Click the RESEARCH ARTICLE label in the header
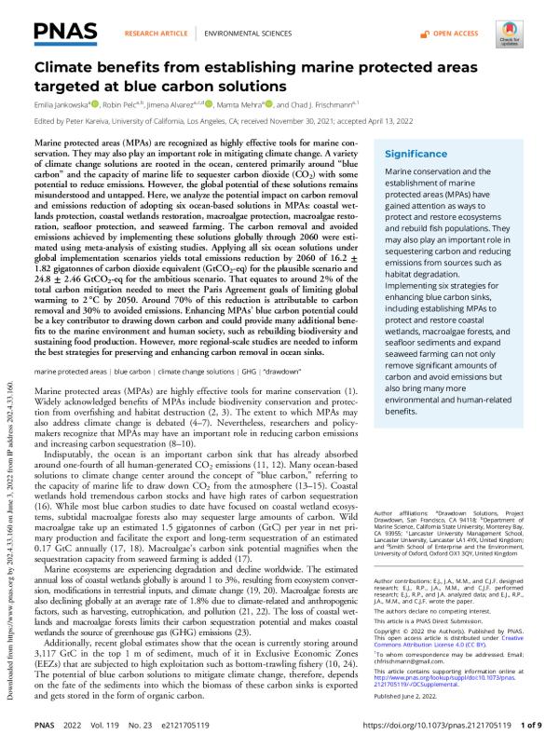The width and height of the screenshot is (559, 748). click(153, 33)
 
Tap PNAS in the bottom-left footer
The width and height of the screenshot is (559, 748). click(48, 732)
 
